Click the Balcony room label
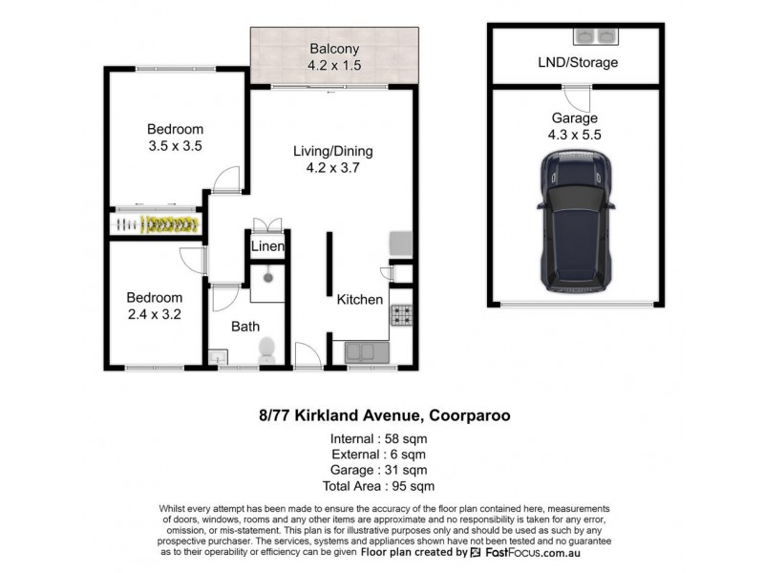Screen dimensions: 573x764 [332, 49]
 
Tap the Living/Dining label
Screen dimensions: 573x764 [332, 151]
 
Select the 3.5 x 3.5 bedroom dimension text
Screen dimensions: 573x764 [175, 146]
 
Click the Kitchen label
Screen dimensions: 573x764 [360, 299]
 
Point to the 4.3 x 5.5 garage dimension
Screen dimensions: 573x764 [574, 136]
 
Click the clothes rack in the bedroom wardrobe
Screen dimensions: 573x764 [159, 224]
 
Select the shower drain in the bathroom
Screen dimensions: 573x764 [270, 276]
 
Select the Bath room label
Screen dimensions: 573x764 [245, 327]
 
